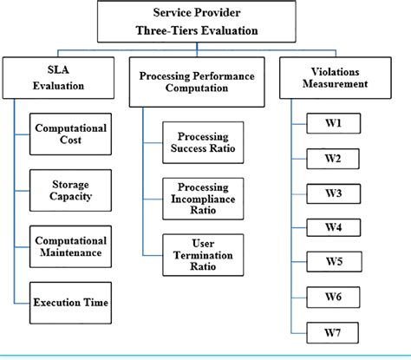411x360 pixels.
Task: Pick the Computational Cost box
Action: coord(71,135)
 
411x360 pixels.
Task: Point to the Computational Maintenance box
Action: coord(71,246)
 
